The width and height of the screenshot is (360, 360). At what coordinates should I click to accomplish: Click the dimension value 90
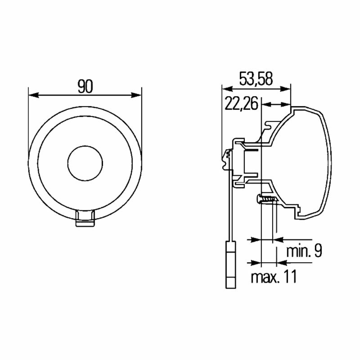click(x=85, y=86)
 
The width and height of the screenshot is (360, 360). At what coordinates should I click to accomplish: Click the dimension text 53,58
click(x=256, y=78)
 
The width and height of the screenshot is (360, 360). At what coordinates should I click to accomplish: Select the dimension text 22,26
click(x=241, y=104)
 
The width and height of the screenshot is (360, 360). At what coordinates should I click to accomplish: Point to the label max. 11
click(x=274, y=277)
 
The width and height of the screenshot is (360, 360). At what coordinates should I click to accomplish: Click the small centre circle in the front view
click(x=85, y=163)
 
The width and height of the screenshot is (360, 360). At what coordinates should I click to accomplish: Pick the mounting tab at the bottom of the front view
click(x=85, y=218)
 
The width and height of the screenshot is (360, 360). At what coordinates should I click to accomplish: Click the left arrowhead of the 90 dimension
click(x=33, y=95)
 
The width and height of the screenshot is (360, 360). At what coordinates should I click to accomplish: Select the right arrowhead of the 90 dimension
click(x=136, y=95)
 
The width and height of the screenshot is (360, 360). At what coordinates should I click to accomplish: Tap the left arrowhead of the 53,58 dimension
click(x=227, y=89)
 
